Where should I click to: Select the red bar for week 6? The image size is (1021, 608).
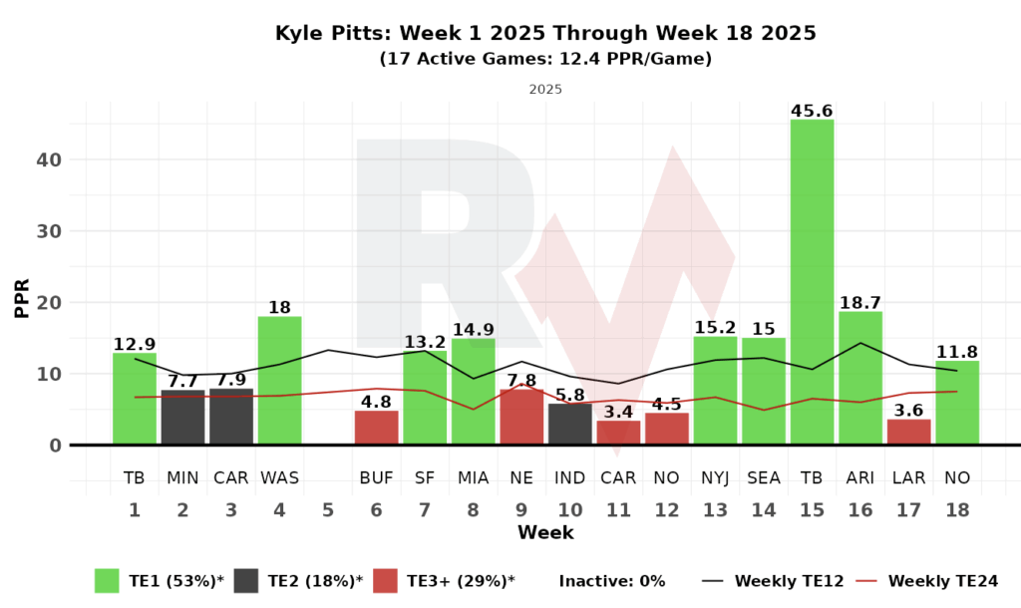[x=376, y=428]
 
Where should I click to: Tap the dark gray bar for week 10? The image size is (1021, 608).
[x=569, y=424]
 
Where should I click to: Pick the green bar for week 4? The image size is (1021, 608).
[x=279, y=381]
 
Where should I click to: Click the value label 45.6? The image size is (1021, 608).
[x=812, y=110]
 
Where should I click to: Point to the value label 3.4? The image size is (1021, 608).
[x=618, y=411]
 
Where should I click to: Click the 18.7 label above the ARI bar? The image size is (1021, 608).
[x=859, y=301]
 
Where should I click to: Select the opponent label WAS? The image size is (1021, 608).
[x=279, y=478]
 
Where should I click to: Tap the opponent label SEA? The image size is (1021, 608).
[x=764, y=478]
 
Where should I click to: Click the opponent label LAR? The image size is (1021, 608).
[x=908, y=478]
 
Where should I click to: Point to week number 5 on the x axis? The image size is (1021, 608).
[x=328, y=510]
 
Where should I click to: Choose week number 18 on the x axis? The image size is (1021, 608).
[x=956, y=510]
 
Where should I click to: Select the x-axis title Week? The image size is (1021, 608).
[x=545, y=533]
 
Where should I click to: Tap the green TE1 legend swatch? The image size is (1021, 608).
[x=107, y=580]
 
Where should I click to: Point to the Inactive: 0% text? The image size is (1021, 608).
[x=611, y=581]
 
